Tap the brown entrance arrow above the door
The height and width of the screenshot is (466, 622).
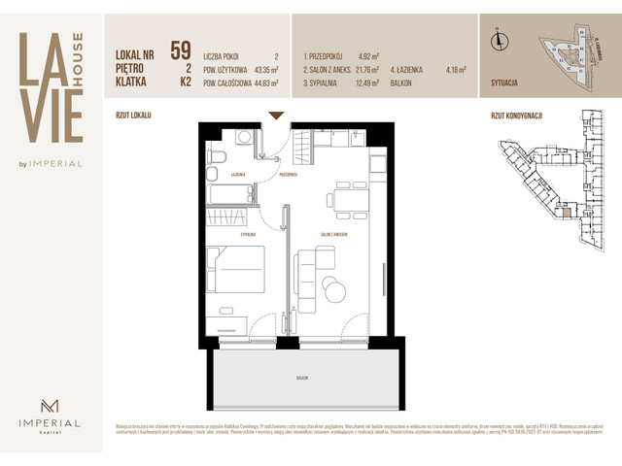(x=275, y=116)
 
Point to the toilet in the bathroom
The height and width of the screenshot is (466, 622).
(x=218, y=156)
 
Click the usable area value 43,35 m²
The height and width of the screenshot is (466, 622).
(x=261, y=70)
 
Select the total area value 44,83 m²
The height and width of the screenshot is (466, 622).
(x=261, y=83)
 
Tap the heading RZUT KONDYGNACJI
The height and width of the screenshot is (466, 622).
(x=517, y=116)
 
